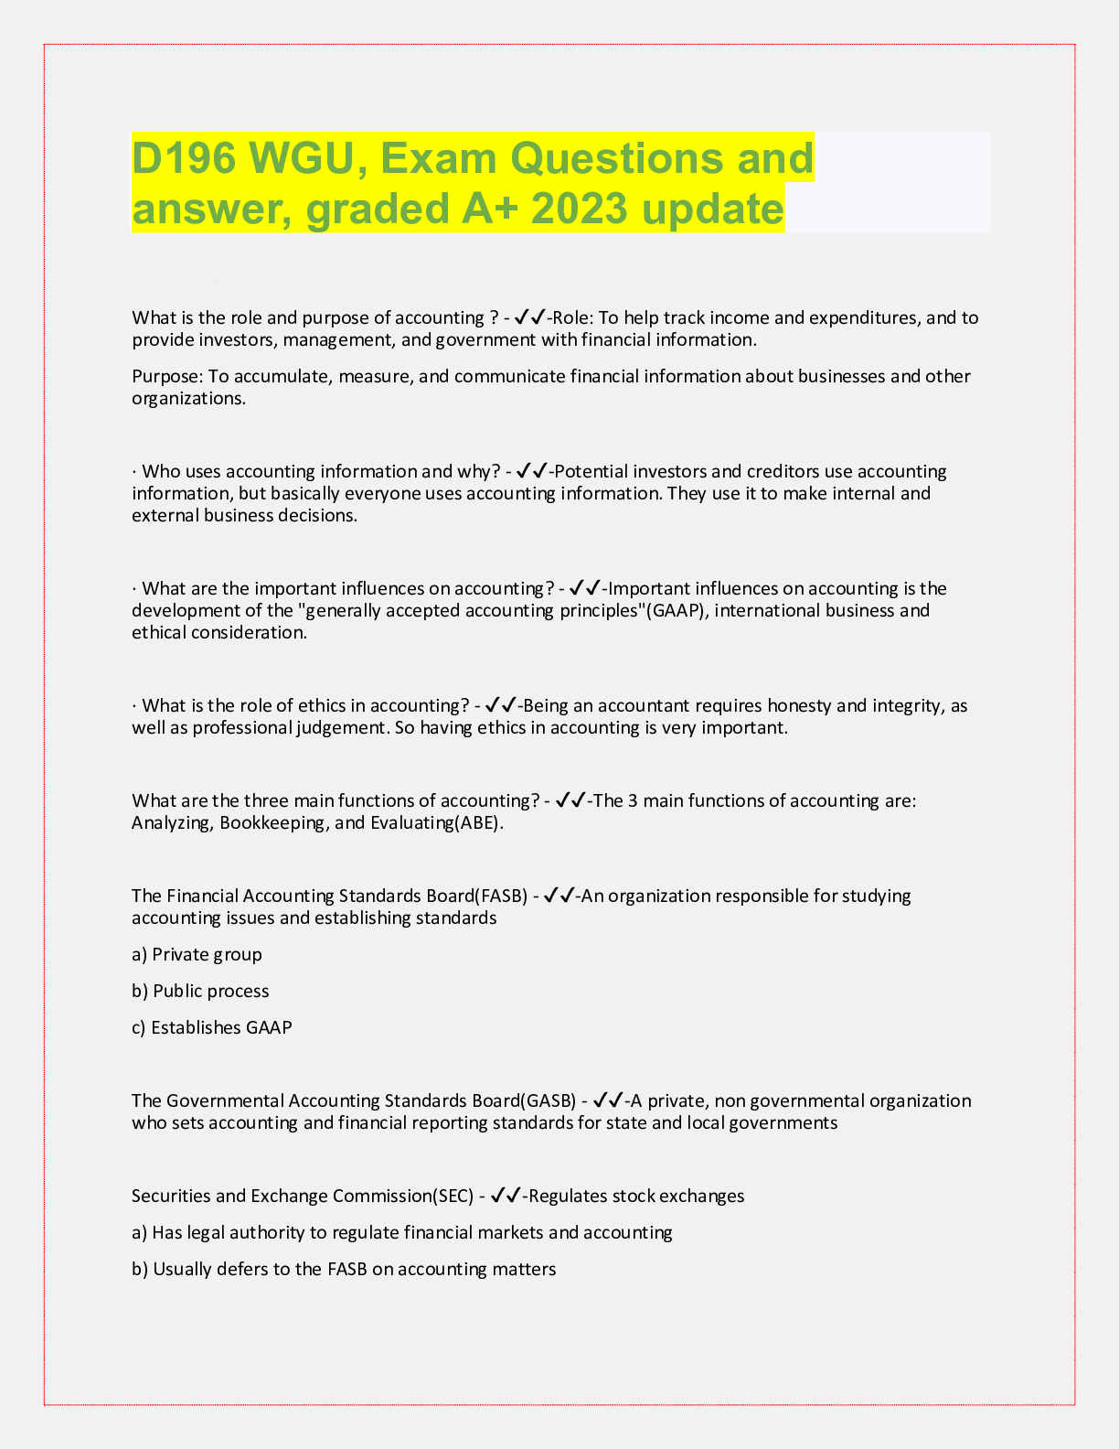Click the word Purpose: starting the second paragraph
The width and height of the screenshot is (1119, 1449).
tap(167, 376)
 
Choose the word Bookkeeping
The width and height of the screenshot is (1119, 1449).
tap(274, 822)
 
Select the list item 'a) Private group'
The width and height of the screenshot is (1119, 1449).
tap(197, 954)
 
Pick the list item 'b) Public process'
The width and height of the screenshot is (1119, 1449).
tap(200, 991)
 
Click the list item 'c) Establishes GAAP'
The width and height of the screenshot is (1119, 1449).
tap(212, 1027)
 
